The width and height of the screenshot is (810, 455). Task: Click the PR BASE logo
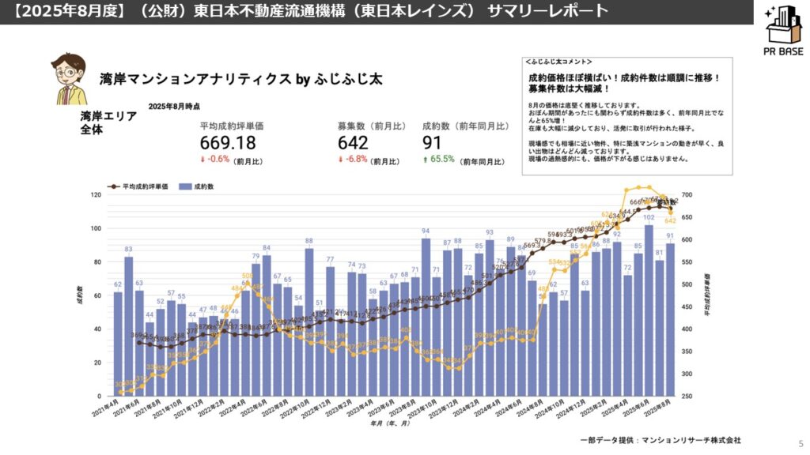coord(783,32)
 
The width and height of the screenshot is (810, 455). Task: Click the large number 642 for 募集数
coord(353,143)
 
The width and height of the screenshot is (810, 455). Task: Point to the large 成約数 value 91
coord(433,143)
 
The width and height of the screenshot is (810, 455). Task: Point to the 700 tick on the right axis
coord(687,195)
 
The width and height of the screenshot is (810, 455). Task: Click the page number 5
coord(801,444)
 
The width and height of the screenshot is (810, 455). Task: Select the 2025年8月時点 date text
coord(174,106)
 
